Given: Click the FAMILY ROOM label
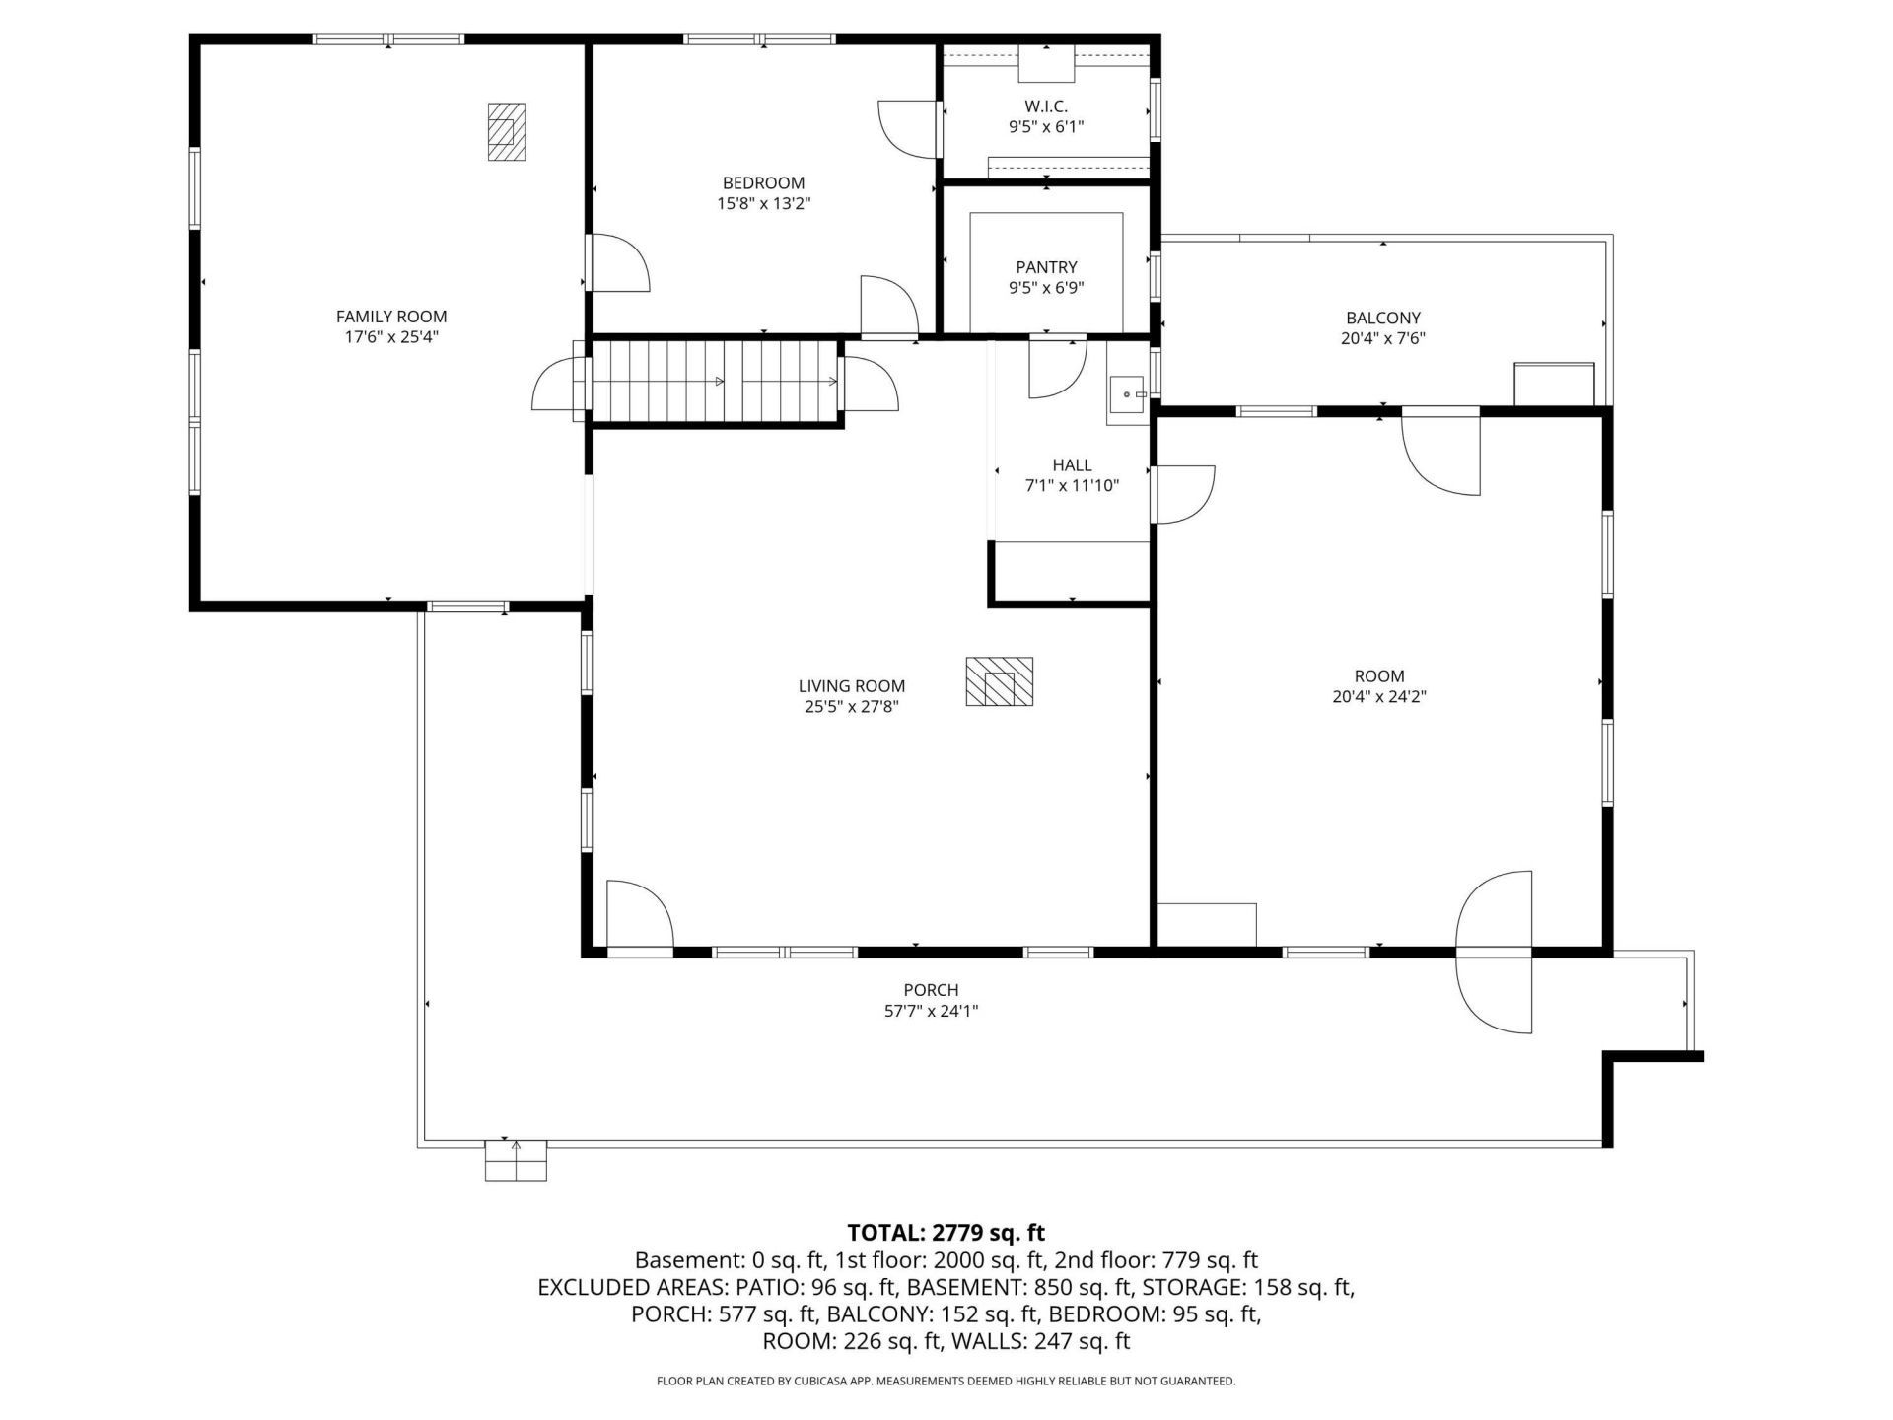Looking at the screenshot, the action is click(391, 317).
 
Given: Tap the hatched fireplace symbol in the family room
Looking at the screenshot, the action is click(506, 131).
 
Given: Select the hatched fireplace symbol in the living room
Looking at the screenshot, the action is click(999, 681).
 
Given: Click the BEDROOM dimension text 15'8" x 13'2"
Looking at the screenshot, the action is click(764, 204).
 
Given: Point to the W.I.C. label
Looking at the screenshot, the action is click(1046, 106).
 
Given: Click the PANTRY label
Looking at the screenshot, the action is click(1046, 267).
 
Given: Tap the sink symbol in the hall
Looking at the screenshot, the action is click(1127, 394).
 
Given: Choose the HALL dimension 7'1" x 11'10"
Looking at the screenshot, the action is click(1072, 485).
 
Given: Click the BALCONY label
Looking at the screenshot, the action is click(1383, 318).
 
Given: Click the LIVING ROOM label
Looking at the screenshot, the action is click(852, 686).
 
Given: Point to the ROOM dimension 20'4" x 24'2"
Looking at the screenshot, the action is click(1379, 696).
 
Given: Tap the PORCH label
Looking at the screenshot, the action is click(931, 990).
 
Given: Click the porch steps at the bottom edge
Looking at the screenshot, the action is click(516, 1161).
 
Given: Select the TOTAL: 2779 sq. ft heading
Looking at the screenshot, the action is click(946, 1233).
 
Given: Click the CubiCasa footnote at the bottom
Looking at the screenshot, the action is click(946, 1382).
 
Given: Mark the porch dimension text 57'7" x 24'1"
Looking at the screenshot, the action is click(931, 1011).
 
